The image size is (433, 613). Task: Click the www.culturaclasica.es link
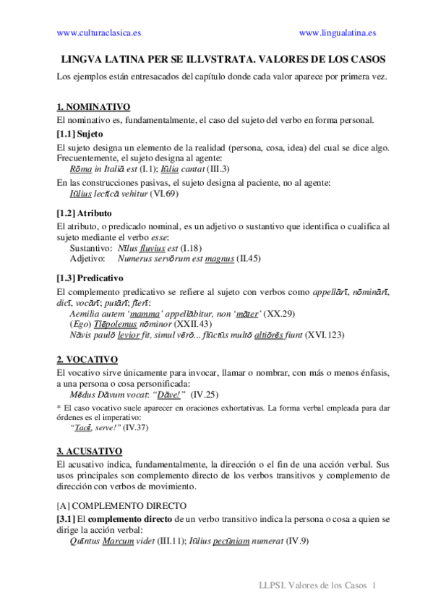(99, 33)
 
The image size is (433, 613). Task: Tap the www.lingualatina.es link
(337, 33)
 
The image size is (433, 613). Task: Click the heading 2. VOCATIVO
(87, 359)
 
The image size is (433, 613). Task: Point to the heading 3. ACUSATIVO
(89, 450)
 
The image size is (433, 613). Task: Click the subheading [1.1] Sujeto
(80, 134)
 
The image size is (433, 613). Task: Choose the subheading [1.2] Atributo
(85, 213)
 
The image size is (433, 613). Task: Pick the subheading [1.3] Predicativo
(90, 278)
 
